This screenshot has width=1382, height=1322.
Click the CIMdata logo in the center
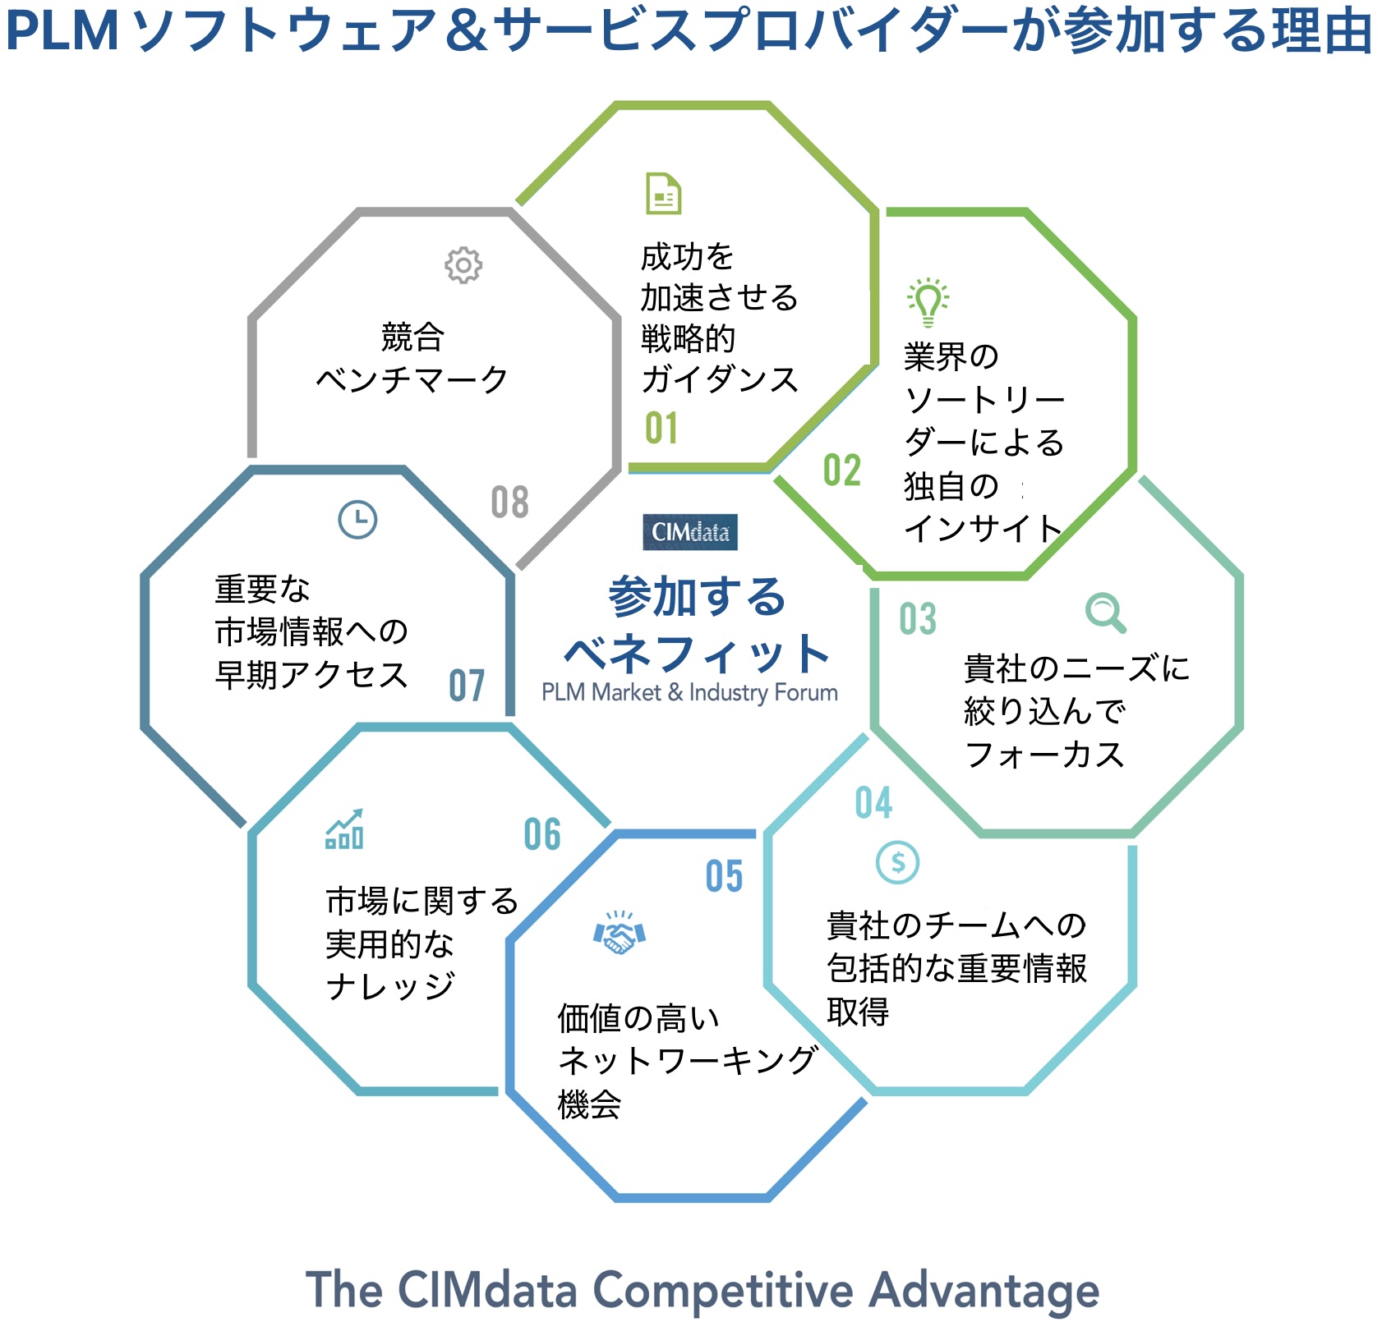coord(690,532)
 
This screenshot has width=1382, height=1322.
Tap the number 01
coord(661,429)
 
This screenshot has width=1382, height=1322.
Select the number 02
coord(842,471)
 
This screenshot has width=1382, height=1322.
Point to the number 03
coord(918,619)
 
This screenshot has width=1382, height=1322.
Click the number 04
coord(873,803)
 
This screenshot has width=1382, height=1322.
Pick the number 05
coord(724,877)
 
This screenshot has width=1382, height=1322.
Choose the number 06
coord(542,835)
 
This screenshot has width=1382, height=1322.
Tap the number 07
coord(467,686)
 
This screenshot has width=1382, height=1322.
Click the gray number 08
coord(509,503)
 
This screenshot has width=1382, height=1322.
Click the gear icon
coord(463,265)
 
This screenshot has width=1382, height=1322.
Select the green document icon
coord(663,194)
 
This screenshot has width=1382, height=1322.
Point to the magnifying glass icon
coord(1105,613)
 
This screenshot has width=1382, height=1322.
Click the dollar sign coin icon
coord(897,862)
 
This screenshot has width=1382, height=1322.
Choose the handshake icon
coord(620,934)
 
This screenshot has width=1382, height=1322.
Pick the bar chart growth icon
coord(345,829)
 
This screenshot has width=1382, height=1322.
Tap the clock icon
coord(357,519)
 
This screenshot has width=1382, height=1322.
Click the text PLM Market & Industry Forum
coord(689,693)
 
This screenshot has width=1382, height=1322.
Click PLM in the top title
coord(62,31)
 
